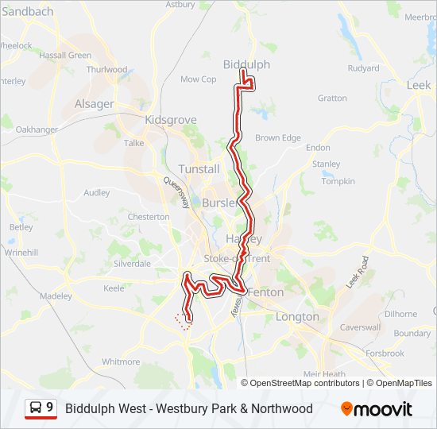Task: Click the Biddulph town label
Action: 246,64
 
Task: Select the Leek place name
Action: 418,84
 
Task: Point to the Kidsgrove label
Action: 171,119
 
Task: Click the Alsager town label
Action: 94,104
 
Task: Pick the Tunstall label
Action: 199,169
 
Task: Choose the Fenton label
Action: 265,292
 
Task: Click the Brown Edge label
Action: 278,137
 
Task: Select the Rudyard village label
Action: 363,68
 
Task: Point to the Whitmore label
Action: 121,361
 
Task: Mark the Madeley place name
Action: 56,296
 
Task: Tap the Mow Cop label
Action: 198,79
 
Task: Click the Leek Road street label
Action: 358,272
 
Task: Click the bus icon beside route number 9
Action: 36,408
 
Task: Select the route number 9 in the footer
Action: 50,408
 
